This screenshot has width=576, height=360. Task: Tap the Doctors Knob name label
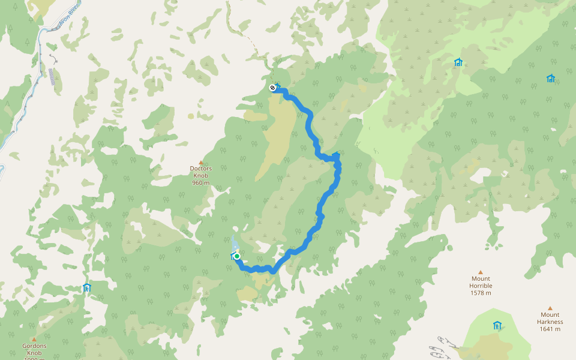[x=201, y=172]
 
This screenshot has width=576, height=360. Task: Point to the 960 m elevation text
[x=201, y=182]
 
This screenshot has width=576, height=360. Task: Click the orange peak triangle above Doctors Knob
[x=201, y=162]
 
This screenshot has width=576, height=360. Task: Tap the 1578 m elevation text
[x=481, y=293]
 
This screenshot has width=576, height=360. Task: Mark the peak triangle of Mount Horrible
[x=481, y=272]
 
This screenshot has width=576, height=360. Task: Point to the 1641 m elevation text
[x=550, y=329]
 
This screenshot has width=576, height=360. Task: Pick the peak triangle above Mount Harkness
[x=550, y=308]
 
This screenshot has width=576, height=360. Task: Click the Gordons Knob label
[x=34, y=349]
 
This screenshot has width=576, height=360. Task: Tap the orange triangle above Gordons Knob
[x=34, y=339]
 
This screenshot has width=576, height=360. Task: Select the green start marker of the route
[x=238, y=256]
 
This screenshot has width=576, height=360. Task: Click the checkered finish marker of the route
[x=272, y=88]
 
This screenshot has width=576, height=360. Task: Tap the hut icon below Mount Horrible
[x=497, y=325]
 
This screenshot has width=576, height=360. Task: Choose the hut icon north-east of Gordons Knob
[x=86, y=287]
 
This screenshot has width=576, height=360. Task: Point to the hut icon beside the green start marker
[x=233, y=256]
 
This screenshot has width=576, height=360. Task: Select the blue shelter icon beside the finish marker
[x=278, y=86]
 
